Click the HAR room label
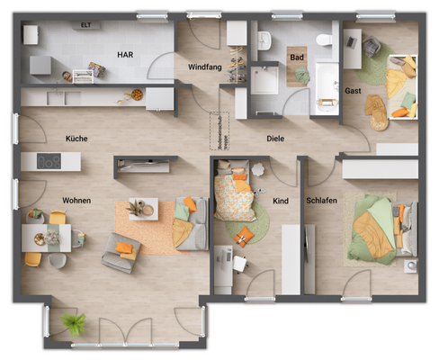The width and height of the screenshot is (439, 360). pos(124,55)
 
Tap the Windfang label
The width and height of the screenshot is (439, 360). pos(205,67)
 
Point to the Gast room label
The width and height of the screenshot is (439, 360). pos(353,92)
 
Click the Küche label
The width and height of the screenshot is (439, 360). pos(76,139)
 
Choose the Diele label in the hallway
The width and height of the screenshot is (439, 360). pos(275,139)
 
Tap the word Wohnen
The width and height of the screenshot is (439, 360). pos(78,200)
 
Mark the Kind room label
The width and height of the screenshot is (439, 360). pos(281,201)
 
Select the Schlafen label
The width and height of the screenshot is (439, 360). pos(322,201)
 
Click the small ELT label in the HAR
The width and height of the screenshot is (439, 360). pos(85,26)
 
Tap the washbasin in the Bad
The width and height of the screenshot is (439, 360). pos(264,41)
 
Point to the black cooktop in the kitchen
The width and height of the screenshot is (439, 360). pos(49,162)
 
